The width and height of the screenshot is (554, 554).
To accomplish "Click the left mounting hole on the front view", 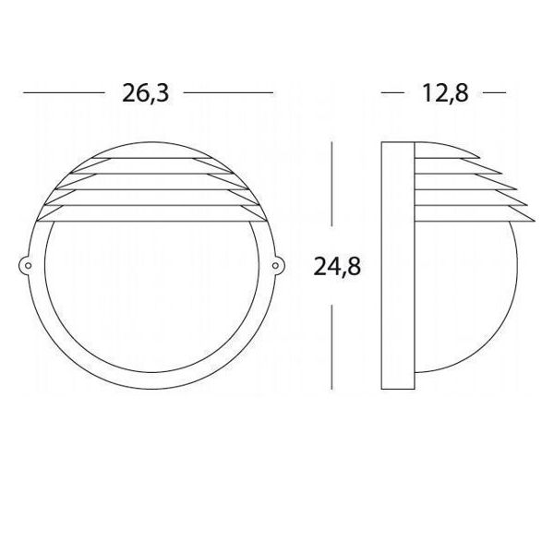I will [x=28, y=268].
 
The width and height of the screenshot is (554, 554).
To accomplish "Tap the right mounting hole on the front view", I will [x=276, y=268].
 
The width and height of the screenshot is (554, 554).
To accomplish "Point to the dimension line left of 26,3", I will [x=61, y=93].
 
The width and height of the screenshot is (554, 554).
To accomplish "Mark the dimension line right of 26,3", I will [x=228, y=93].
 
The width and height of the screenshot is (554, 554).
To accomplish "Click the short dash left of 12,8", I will [x=394, y=93].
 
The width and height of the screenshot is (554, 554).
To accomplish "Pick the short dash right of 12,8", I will [x=495, y=93].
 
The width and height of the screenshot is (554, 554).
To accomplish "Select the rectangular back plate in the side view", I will [x=397, y=268].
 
